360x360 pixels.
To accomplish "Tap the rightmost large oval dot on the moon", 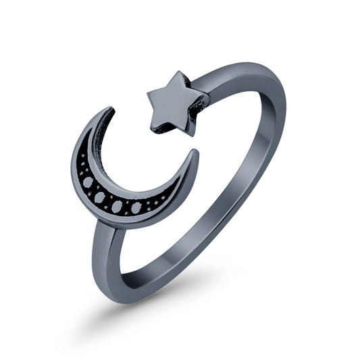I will [138, 207].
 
